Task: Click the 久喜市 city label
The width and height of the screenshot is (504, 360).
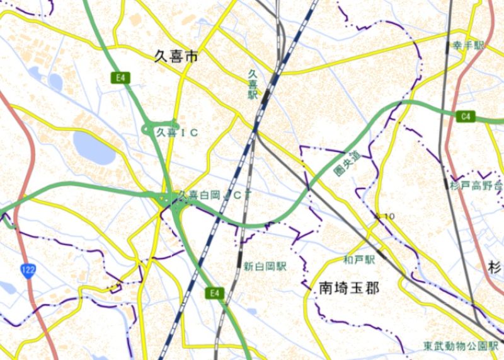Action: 176,57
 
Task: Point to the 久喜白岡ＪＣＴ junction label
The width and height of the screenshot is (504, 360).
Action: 216,195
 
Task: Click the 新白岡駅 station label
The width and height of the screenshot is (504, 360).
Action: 265,267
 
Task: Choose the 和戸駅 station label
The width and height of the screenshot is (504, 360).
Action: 359,259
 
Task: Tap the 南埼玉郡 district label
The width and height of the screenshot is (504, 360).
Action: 348,289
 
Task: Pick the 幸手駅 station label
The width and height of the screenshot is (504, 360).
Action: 468,46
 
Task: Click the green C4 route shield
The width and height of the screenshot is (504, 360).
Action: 466,116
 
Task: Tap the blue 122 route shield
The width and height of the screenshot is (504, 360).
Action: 28,270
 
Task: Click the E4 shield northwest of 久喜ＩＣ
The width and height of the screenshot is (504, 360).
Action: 120,78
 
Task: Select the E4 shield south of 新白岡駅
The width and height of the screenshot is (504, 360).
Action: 215,293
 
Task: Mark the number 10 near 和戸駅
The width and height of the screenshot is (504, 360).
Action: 388,217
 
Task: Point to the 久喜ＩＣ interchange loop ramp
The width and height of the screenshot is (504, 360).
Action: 150,129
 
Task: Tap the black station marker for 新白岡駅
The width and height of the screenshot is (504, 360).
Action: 239,258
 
